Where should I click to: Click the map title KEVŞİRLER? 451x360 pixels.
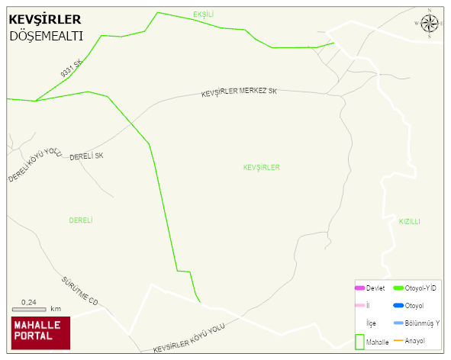click(44, 19)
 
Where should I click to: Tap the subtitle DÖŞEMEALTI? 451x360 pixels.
click(46, 36)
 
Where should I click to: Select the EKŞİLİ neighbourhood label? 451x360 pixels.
click(204, 14)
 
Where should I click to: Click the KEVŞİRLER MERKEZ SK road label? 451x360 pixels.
click(239, 92)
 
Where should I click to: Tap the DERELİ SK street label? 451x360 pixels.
click(86, 156)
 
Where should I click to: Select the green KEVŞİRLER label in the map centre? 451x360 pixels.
click(262, 167)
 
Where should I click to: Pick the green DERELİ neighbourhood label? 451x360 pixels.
click(81, 220)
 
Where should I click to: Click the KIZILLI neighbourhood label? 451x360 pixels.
click(410, 221)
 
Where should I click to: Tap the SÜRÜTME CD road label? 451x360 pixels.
click(80, 291)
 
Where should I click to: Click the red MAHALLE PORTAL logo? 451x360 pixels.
click(40, 333)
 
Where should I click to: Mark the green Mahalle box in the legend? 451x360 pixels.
click(359, 342)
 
